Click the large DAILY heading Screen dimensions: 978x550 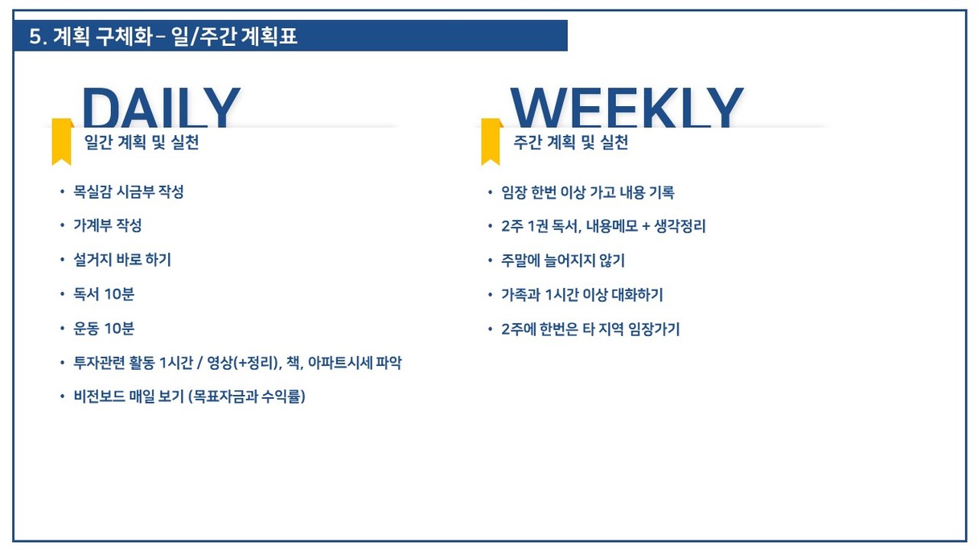tap(161, 107)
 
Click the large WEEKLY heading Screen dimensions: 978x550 tap(627, 107)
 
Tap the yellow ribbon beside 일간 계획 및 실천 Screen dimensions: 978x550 tap(62, 142)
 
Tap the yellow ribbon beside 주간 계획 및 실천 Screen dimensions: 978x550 tap(491, 142)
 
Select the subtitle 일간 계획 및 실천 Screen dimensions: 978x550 tap(142, 142)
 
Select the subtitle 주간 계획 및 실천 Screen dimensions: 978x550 tap(571, 142)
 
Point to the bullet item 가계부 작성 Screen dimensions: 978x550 tap(108, 226)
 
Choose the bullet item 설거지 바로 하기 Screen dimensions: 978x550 tap(122, 260)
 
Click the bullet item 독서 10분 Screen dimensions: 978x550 tap(104, 293)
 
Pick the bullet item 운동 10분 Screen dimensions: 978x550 tap(104, 328)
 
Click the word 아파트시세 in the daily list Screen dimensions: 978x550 tap(339, 363)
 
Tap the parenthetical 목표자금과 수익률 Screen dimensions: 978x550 tap(247, 396)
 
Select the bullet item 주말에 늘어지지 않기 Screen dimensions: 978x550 tap(563, 261)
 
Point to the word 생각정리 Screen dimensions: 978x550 tap(680, 226)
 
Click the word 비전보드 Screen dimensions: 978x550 tap(99, 396)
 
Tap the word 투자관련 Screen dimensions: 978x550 tap(99, 363)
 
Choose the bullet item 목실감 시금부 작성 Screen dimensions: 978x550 tap(129, 191)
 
